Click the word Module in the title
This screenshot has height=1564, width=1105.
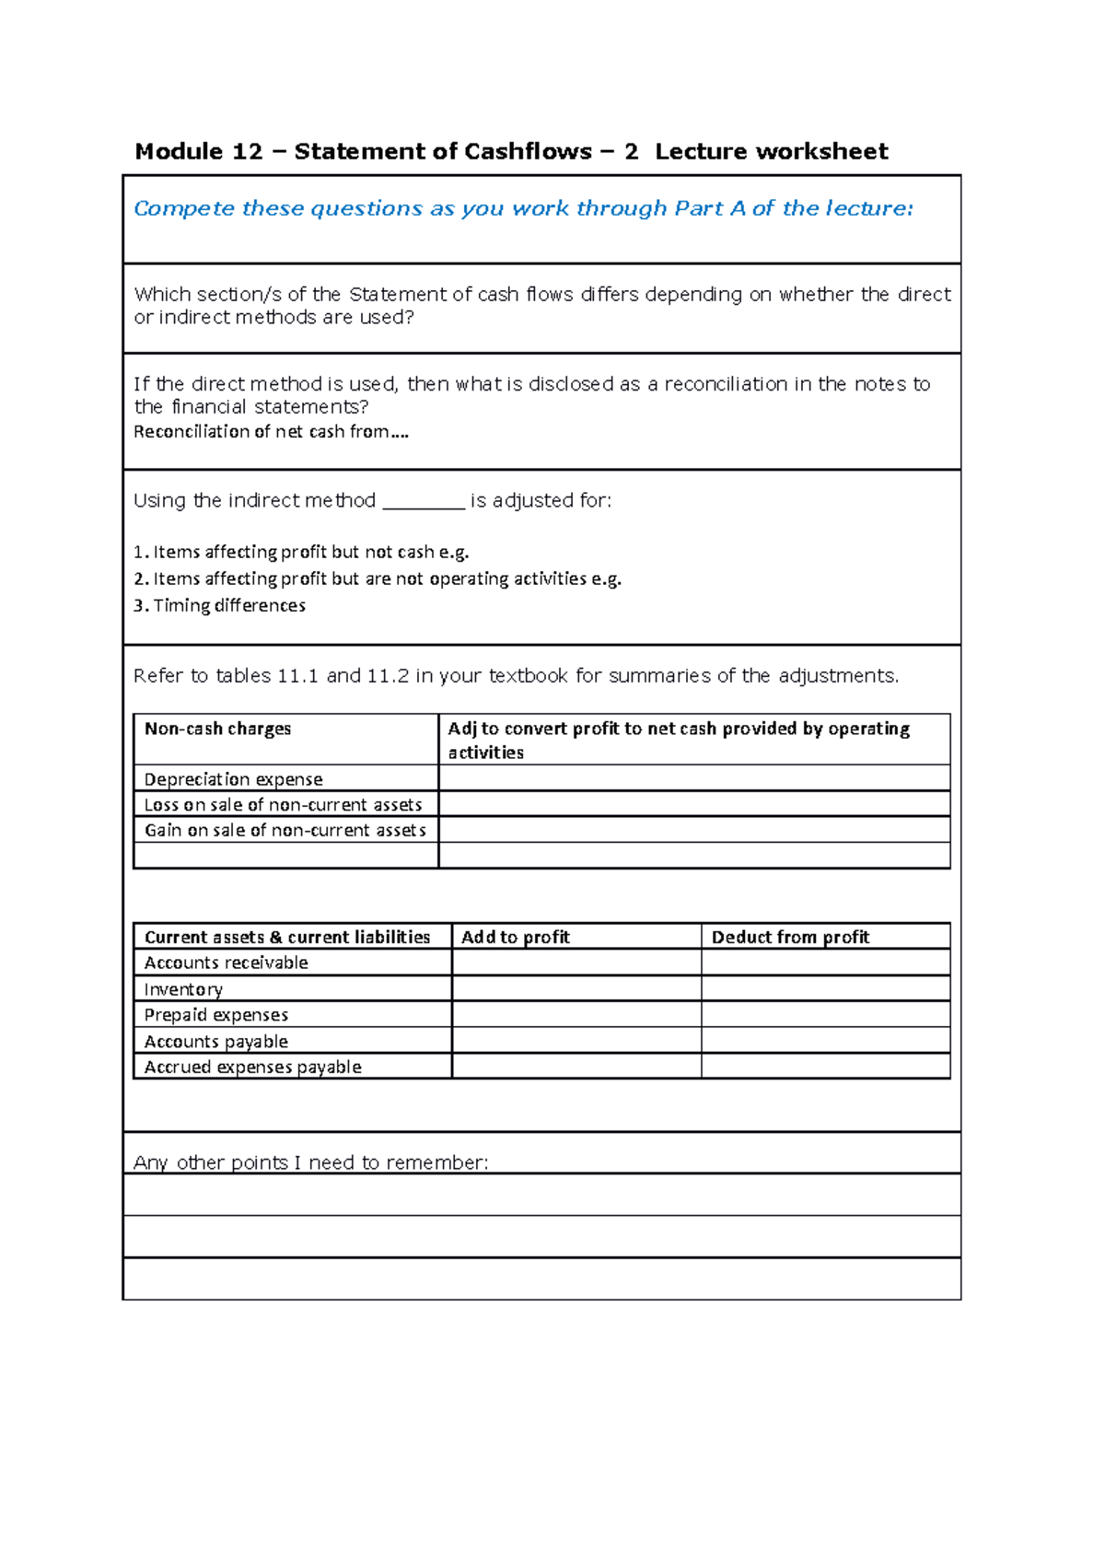179,152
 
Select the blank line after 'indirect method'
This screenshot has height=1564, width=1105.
424,503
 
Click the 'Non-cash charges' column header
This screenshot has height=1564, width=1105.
217,729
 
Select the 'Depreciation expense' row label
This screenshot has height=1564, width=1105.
233,779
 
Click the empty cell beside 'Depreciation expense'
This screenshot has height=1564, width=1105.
693,778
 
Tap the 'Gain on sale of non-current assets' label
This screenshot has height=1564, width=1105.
285,831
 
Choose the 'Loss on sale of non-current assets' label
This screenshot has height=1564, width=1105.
283,805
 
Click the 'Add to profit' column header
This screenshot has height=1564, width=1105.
516,938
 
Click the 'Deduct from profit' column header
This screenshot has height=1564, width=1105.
790,938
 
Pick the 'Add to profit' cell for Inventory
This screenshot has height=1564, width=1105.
576,989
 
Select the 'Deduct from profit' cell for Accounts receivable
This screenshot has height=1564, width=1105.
825,963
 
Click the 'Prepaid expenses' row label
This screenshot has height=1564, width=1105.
216,1015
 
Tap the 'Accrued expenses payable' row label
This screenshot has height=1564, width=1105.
252,1068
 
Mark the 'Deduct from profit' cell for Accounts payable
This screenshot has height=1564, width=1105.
825,1041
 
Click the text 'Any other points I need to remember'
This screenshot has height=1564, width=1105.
310,1162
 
